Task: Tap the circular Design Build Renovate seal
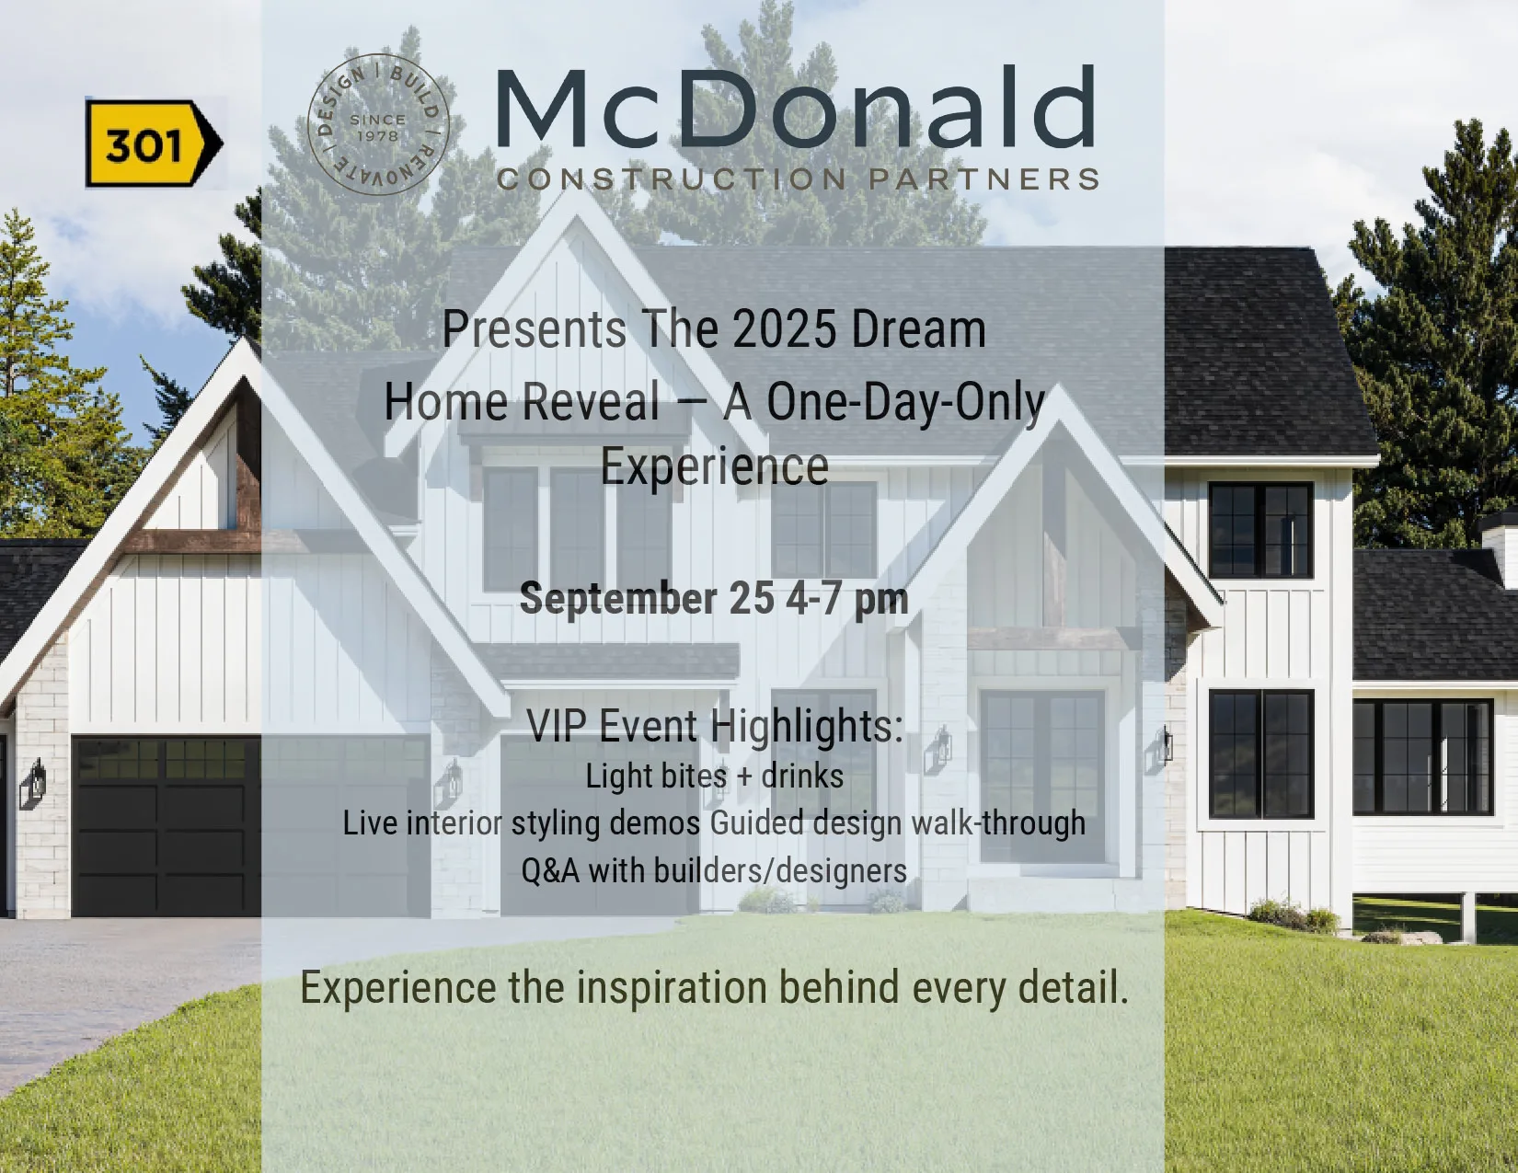tap(378, 124)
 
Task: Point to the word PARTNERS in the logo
tap(984, 179)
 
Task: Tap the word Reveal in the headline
tap(591, 402)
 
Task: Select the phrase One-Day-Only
tap(905, 404)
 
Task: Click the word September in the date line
tap(618, 600)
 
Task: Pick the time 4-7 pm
tap(846, 600)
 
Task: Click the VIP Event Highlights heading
tap(715, 726)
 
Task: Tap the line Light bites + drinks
tap(715, 776)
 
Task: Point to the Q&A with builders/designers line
tap(714, 870)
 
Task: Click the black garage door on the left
tap(167, 826)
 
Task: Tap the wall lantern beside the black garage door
tap(35, 782)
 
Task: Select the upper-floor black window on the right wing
tap(1260, 530)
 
